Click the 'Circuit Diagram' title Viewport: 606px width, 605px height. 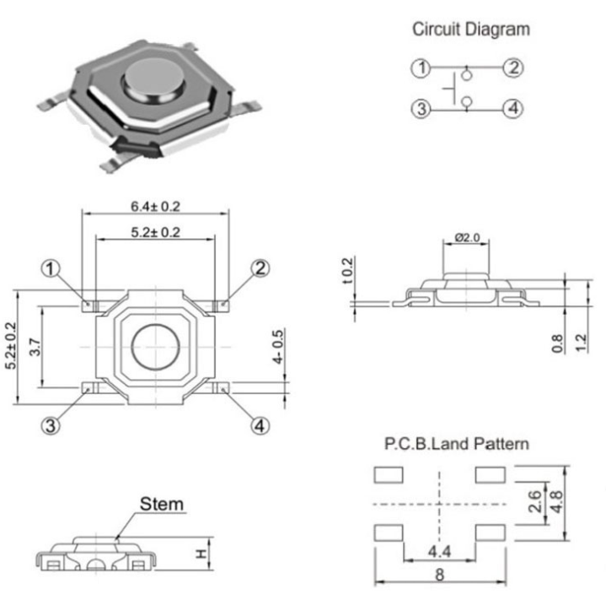pos(470,30)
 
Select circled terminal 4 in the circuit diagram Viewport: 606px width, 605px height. pos(513,108)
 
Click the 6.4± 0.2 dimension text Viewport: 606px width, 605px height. pos(156,206)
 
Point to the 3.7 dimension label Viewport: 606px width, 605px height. pos(35,348)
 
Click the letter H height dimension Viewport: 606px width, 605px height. pos(201,554)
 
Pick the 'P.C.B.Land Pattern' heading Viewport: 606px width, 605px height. pos(457,444)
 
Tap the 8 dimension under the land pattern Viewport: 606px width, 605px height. pos(439,577)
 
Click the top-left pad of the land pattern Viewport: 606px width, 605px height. pos(388,475)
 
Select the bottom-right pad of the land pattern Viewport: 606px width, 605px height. pos(491,532)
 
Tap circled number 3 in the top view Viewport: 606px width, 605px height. pos(52,426)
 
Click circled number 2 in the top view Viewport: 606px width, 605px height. pos(260,268)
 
